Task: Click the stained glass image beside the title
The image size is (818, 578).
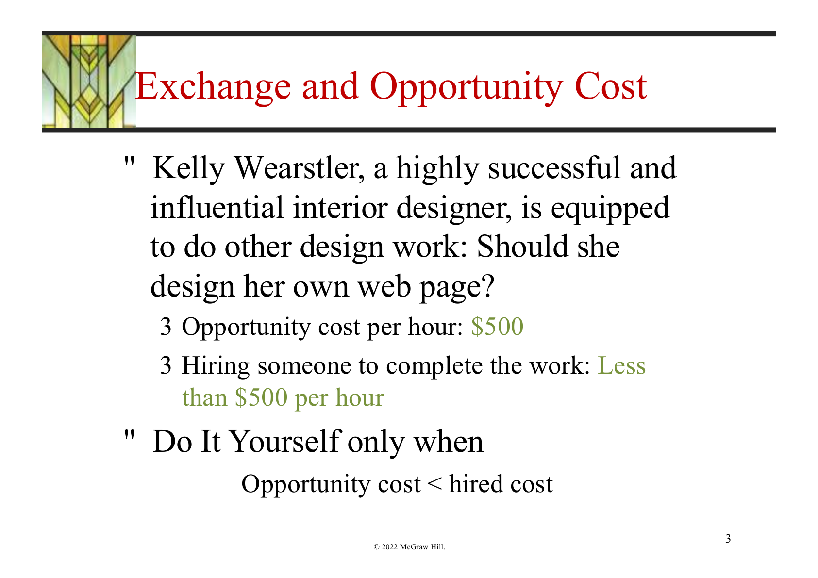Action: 89,82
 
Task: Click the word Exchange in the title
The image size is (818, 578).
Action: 213,86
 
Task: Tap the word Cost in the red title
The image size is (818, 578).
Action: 611,86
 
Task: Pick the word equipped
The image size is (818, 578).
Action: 610,209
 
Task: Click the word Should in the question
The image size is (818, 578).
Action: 522,247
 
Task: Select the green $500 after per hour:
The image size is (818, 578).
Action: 498,326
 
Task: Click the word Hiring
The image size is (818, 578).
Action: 216,366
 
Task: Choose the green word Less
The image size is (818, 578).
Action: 621,365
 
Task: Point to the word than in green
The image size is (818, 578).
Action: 204,397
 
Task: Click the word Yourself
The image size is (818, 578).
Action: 286,442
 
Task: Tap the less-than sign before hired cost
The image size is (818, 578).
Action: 434,484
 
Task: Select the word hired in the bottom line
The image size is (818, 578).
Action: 475,484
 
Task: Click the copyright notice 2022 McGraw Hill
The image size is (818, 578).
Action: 409,547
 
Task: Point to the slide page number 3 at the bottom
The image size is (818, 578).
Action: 728,539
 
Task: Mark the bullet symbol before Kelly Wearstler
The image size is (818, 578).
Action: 130,162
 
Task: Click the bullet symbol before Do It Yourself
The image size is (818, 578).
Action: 130,435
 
